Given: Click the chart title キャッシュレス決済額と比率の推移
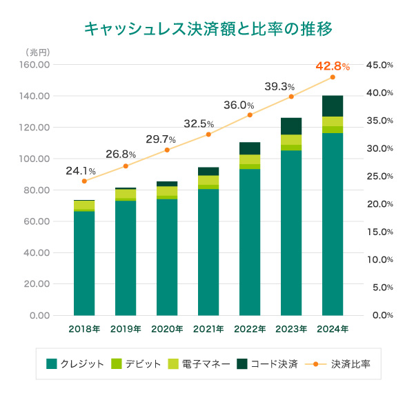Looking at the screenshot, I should [x=208, y=28].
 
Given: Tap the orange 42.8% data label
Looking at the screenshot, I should [x=332, y=66].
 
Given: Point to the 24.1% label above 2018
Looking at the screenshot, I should [x=81, y=170].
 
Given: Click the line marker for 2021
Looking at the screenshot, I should [x=208, y=134].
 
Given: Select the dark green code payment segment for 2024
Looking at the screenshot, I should [x=333, y=106].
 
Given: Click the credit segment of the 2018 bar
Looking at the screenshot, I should [x=84, y=262].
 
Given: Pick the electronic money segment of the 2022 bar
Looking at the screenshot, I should [x=250, y=159].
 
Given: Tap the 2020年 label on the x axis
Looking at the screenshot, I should [x=167, y=329].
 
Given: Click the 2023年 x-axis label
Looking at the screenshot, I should [x=291, y=329].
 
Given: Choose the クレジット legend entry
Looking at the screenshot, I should [x=75, y=363].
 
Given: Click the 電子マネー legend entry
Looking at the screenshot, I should [x=202, y=363].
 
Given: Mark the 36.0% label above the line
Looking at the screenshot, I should [x=239, y=106].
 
